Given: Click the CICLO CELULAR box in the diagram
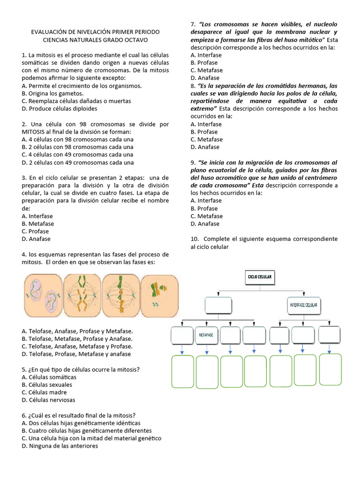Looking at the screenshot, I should [x=259, y=277].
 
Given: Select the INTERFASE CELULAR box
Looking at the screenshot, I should [x=303, y=305].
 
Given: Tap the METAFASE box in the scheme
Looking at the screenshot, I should [x=206, y=335].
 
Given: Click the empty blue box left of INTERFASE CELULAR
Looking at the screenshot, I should [x=218, y=305].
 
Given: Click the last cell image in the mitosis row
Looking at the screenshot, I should [x=159, y=294].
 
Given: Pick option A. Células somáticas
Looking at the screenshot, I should [x=49, y=377].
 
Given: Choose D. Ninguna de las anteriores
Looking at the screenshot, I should [x=60, y=446].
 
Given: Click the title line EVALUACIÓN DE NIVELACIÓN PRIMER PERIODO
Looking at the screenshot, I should [x=95, y=31].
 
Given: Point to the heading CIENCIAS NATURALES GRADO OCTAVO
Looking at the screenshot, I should [x=95, y=39].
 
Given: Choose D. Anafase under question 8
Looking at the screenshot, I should [x=205, y=147].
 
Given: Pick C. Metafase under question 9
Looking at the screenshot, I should [x=207, y=216].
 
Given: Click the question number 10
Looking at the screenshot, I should [x=194, y=239].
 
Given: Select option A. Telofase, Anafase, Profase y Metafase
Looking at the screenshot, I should [x=77, y=331].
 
